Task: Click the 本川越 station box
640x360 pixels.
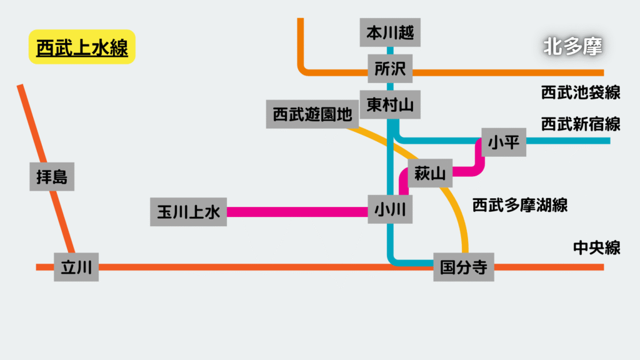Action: [x=390, y=32]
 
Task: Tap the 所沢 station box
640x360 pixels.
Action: [x=390, y=69]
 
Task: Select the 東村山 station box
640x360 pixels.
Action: [x=390, y=104]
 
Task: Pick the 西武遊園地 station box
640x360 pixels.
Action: [x=312, y=114]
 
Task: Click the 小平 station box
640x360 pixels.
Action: [x=504, y=142]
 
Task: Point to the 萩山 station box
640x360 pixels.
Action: [x=430, y=173]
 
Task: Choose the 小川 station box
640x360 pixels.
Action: [x=390, y=209]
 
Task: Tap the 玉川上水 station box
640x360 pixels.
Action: [x=188, y=212]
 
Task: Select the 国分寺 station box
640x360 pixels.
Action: [x=464, y=267]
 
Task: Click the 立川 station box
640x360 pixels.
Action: [x=76, y=267]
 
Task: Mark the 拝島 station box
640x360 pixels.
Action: [x=52, y=176]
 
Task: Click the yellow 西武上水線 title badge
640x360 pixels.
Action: [x=82, y=47]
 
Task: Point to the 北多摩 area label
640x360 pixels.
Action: [x=572, y=46]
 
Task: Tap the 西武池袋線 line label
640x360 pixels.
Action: [x=581, y=92]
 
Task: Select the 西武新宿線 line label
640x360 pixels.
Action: [x=581, y=124]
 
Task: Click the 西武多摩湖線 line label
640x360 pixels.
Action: [x=519, y=205]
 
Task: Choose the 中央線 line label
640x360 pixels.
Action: [x=596, y=247]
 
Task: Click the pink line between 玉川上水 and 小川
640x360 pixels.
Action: [x=297, y=212]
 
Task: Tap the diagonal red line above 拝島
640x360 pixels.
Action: [x=31, y=123]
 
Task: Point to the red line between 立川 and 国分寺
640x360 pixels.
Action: [x=266, y=267]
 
